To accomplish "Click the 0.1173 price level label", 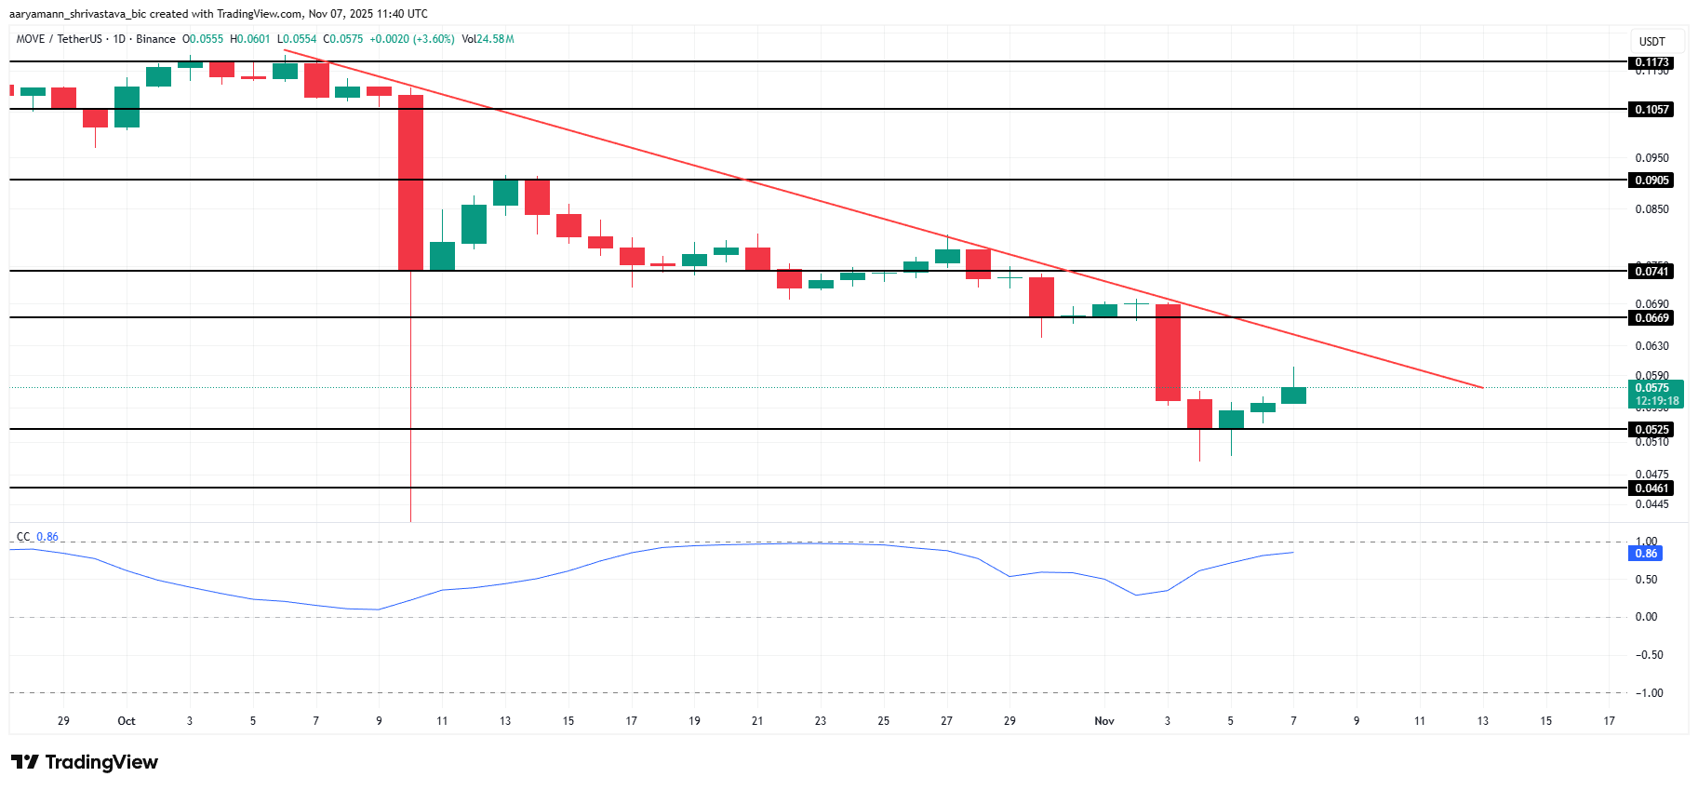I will (1652, 62).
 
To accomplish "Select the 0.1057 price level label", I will (1652, 109).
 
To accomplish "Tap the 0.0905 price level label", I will (1652, 180).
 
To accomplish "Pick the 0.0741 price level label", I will (1652, 271).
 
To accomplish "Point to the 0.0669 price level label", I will (1652, 317).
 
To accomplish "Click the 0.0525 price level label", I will (1652, 429).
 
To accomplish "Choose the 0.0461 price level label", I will (1652, 488).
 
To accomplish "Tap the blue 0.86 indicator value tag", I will (1646, 553).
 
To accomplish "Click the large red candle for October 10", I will (410, 182).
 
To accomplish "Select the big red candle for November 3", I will (1168, 353).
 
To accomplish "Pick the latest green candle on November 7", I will (1293, 395).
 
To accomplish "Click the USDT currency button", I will (1652, 41).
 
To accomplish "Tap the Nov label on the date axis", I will (1104, 721).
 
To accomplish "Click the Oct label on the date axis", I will (127, 721).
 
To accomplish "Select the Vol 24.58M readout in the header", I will (488, 39).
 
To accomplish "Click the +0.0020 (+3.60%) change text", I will (412, 39).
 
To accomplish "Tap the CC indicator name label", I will (23, 537).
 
